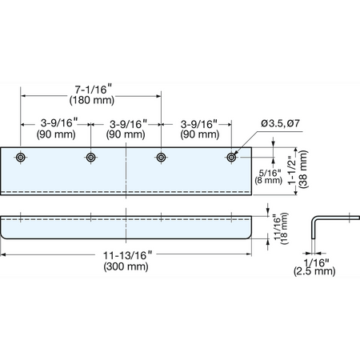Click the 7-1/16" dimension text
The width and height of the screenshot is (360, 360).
(93, 90)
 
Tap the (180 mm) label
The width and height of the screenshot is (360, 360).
(92, 100)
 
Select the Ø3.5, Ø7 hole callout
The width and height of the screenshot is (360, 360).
(280, 123)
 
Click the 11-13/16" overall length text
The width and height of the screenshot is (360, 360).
(127, 255)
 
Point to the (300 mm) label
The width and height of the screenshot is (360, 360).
(126, 266)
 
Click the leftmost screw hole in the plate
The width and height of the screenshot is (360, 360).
(21, 158)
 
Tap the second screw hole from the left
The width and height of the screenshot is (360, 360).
(91, 158)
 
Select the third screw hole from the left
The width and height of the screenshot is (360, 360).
(161, 158)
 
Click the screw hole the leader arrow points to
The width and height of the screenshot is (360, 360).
(231, 158)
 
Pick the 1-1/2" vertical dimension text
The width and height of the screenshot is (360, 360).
(293, 170)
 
